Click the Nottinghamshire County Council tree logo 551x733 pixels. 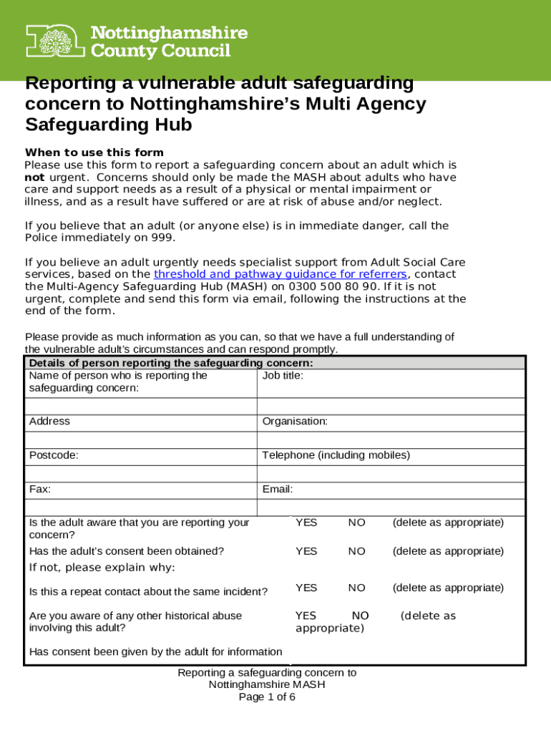pos(56,41)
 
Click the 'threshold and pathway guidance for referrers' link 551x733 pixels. pos(281,274)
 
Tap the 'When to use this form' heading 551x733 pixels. pos(94,152)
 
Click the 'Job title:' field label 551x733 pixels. pos(283,375)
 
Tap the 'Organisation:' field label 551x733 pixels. pos(295,421)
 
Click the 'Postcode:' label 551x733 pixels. pos(54,455)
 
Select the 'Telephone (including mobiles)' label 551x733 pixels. pos(336,455)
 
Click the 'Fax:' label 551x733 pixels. pos(40,490)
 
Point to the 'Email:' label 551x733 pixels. pos(278,490)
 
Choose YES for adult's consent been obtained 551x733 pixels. pos(306,551)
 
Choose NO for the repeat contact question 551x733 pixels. pos(356,588)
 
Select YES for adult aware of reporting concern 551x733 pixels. pos(306,523)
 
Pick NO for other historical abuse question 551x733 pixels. pos(360,616)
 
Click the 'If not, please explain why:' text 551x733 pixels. pos(102,568)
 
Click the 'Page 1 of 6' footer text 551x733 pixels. pos(266,696)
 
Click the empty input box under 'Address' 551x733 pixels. pos(140,440)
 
